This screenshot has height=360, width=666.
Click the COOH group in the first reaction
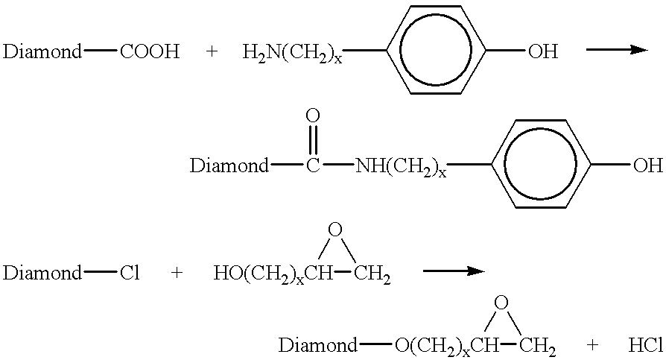[x=150, y=51]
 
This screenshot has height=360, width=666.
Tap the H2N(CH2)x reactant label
[x=292, y=53]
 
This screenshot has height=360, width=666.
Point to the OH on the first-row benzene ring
[x=543, y=51]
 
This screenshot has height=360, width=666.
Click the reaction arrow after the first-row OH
[x=617, y=50]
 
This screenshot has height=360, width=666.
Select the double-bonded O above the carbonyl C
[x=313, y=116]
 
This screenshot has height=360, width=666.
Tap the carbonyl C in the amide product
[x=313, y=165]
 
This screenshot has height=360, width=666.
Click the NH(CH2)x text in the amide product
[x=401, y=167]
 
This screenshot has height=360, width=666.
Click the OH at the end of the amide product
[x=647, y=165]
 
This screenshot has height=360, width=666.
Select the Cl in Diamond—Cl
[x=130, y=273]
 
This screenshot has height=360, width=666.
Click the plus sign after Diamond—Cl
[x=177, y=273]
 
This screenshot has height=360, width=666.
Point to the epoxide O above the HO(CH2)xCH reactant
[x=335, y=230]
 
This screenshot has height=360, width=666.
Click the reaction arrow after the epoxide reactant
[x=454, y=271]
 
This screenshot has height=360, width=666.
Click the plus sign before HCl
[x=592, y=346]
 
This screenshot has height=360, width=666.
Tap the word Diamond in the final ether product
[x=317, y=346]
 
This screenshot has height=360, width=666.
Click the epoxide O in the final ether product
[x=501, y=303]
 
